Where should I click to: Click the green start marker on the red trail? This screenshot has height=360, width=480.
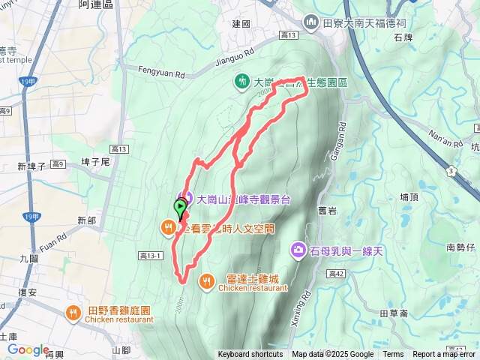click(x=181, y=206)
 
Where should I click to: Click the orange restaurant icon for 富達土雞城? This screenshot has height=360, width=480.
click(x=207, y=281)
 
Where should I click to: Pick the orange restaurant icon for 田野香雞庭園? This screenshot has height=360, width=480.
click(x=73, y=312)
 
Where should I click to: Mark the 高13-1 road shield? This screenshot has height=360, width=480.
click(x=150, y=256)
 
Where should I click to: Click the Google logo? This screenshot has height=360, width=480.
click(x=28, y=349)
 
